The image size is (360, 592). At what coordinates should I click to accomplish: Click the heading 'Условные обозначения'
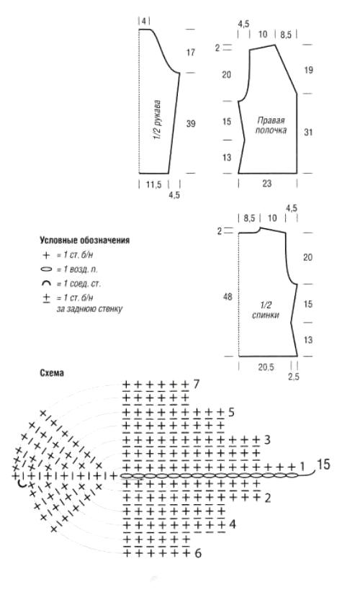[84, 240]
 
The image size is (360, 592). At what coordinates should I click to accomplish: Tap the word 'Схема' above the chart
[52, 373]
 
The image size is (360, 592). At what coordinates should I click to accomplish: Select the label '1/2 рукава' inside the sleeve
[158, 120]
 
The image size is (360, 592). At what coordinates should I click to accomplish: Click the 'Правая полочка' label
[271, 125]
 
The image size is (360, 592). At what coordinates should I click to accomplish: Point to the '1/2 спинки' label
[266, 310]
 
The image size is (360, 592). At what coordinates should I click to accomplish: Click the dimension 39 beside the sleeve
[191, 123]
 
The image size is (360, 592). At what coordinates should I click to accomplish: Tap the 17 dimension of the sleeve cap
[191, 52]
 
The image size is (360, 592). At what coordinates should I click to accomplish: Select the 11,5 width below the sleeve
[153, 184]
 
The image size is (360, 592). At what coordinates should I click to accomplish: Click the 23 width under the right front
[267, 184]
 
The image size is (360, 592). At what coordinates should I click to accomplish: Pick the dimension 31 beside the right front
[308, 132]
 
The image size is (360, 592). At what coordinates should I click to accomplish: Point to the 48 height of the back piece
[228, 297]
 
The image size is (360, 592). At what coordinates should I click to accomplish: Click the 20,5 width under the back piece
[266, 367]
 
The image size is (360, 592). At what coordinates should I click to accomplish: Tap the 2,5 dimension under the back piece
[294, 377]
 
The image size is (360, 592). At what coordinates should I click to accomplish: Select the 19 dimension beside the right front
[308, 70]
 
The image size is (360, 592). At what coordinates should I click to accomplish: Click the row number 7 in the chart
[197, 385]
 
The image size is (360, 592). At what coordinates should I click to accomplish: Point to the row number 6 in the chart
[198, 554]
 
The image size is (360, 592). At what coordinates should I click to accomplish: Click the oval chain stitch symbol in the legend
[46, 269]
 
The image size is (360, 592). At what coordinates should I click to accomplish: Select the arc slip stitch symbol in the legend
[46, 284]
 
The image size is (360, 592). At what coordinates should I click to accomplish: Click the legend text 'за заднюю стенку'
[90, 309]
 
